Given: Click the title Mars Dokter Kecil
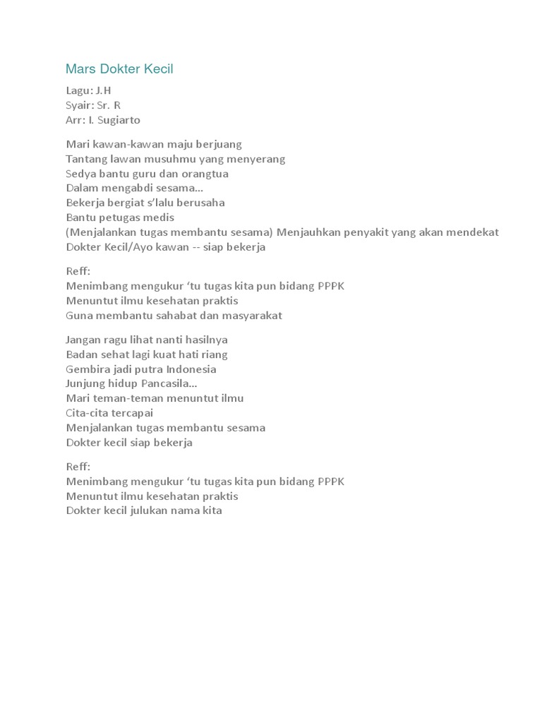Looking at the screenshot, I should click(x=119, y=69).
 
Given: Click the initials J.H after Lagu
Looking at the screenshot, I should click(x=104, y=90).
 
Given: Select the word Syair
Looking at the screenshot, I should click(x=80, y=105).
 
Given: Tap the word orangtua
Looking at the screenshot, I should click(x=203, y=174).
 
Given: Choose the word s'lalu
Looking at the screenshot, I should click(x=161, y=203).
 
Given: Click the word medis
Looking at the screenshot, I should click(x=159, y=217).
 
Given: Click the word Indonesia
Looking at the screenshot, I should click(x=188, y=369).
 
